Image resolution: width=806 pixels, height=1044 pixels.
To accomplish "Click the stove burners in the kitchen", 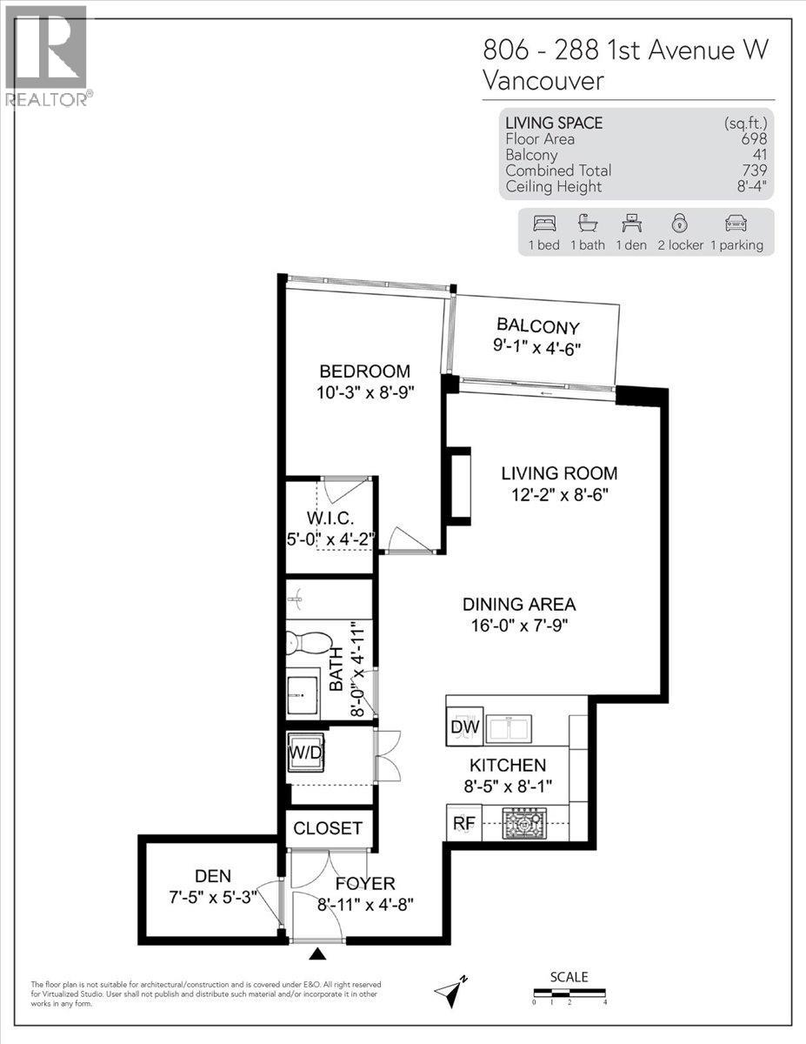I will [x=524, y=823].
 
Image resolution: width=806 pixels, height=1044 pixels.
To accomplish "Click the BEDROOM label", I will [x=363, y=371].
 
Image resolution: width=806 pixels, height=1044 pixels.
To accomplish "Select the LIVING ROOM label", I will [x=559, y=474].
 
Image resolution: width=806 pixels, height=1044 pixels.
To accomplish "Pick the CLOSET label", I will [x=327, y=828].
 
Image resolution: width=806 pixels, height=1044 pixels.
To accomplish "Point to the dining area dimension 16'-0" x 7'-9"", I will [x=519, y=626].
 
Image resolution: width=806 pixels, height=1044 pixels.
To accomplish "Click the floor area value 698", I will [x=753, y=139].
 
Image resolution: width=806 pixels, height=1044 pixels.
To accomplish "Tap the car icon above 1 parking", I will [x=736, y=224].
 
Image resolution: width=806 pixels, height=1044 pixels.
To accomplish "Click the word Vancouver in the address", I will [x=543, y=82].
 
